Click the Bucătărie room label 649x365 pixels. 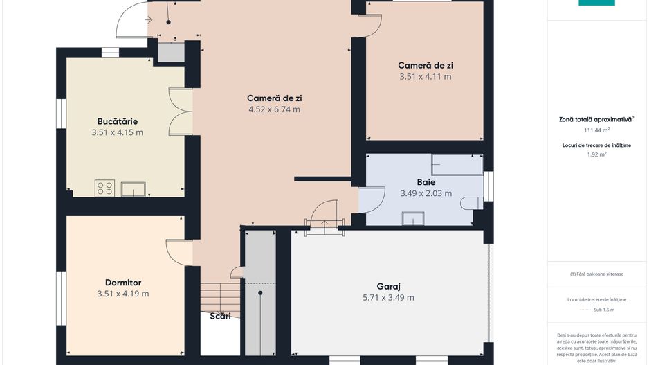[x=117, y=121]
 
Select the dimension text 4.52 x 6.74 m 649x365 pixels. [x=274, y=109]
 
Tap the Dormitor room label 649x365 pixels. [x=123, y=283]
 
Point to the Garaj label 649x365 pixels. [x=389, y=286]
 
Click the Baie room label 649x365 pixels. [x=426, y=182]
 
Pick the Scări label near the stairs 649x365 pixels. [x=221, y=317]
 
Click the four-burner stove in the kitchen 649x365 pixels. [x=105, y=188]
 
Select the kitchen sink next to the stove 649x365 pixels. [x=133, y=189]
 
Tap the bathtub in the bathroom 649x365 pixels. [x=457, y=164]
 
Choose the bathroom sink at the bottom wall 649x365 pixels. [x=413, y=218]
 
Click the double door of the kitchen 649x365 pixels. [x=180, y=111]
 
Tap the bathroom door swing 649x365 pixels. [x=372, y=199]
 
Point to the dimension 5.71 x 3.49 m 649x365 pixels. [x=389, y=298]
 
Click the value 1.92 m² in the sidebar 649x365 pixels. [x=596, y=154]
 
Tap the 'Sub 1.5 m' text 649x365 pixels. [x=596, y=310]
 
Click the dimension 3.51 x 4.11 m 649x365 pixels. [x=426, y=77]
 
